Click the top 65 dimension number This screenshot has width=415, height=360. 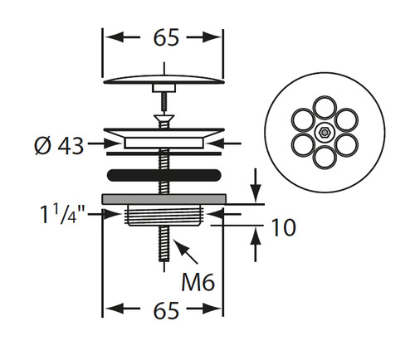[x=166, y=37]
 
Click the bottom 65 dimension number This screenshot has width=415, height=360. [x=166, y=310]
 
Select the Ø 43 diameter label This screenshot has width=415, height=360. [x=59, y=145]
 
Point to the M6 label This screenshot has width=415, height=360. [x=198, y=281]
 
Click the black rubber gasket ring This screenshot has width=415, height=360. [x=164, y=175]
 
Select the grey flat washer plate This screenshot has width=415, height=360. [x=164, y=199]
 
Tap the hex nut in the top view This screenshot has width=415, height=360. [x=325, y=133]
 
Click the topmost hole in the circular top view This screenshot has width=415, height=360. [x=325, y=108]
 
